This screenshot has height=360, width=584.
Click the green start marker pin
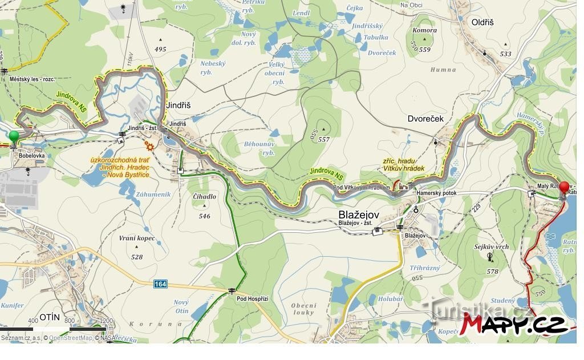[14, 137]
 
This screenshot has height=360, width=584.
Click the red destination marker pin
[564, 188]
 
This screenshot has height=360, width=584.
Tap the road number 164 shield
[160, 284]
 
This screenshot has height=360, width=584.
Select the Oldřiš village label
[482, 22]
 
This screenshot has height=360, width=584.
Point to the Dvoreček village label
[425, 119]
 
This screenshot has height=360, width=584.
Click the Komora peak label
[424, 31]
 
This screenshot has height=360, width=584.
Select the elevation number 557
[324, 139]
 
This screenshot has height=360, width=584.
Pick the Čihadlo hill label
[205, 197]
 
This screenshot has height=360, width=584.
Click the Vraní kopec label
[137, 238]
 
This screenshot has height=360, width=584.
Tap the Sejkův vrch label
[491, 246]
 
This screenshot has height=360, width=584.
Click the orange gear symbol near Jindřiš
[149, 145]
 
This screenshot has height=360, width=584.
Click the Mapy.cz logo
[515, 324]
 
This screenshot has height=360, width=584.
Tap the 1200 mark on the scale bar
[106, 321]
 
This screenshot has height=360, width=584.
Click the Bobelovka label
[31, 155]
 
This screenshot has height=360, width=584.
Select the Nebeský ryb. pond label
[213, 68]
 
